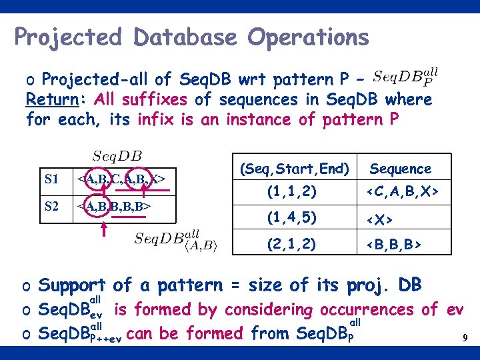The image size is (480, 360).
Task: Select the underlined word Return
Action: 51,100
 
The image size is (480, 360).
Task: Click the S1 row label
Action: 52,179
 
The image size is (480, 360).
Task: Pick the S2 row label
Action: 52,206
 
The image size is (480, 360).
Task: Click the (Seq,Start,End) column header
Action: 295,169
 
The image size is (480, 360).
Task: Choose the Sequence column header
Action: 401,169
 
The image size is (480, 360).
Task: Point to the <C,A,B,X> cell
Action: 401,192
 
